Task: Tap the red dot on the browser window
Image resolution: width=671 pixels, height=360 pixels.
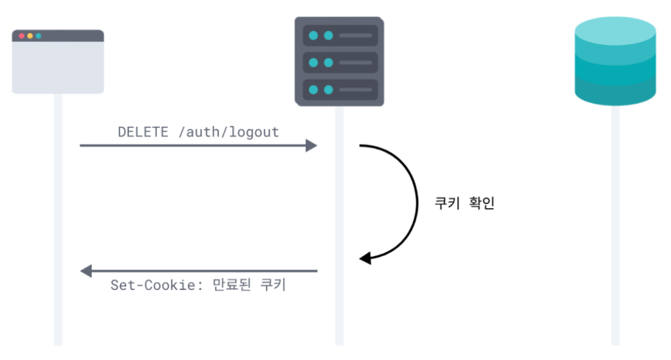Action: tap(21, 35)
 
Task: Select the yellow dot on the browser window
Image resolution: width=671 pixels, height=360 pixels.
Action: tap(29, 35)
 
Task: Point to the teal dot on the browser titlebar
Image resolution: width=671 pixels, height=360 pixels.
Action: tap(38, 35)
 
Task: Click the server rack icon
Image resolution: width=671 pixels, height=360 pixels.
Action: tap(339, 62)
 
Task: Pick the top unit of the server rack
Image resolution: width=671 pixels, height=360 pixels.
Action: tap(340, 35)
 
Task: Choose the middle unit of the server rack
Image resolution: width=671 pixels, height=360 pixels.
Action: tap(340, 63)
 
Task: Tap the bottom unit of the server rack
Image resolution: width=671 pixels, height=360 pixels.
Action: tap(340, 90)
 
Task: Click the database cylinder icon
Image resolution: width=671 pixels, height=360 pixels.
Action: tap(615, 60)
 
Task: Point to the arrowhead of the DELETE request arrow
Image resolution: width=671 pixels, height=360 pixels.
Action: tap(312, 146)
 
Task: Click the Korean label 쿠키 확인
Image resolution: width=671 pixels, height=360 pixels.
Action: tap(466, 203)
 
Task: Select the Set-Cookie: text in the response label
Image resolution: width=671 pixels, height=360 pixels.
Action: tap(150, 286)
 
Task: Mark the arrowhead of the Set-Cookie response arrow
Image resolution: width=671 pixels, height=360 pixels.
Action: tap(85, 271)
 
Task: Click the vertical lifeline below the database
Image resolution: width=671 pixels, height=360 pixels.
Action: tap(615, 236)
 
